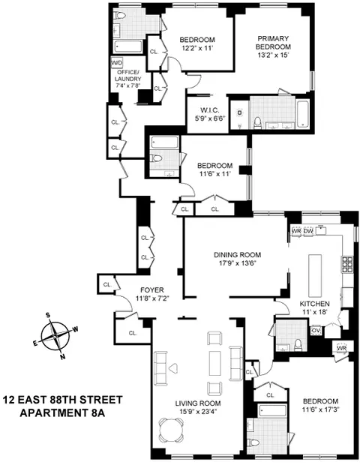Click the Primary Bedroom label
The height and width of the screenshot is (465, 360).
tap(274, 45)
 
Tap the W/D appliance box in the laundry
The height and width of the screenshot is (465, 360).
tap(117, 63)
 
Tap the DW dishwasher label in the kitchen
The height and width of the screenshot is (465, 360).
tap(308, 230)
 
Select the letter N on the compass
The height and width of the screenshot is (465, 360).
tap(63, 357)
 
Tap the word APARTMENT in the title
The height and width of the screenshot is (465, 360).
tap(46, 414)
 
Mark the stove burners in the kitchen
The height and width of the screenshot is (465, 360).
tap(347, 264)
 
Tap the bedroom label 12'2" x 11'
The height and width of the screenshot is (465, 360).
tap(198, 44)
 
